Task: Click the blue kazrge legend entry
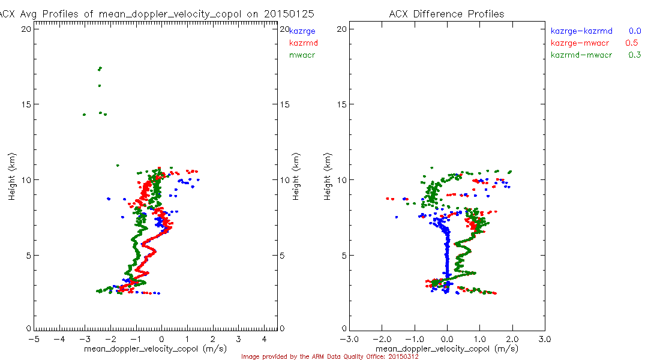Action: pyautogui.click(x=302, y=31)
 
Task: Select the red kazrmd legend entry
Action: pyautogui.click(x=304, y=43)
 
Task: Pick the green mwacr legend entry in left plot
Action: pyautogui.click(x=302, y=55)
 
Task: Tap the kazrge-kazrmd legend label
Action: pyautogui.click(x=581, y=31)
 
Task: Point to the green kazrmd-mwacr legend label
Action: pyautogui.click(x=581, y=55)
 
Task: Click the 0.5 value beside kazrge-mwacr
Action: pyautogui.click(x=631, y=43)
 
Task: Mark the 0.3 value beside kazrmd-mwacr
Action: pyautogui.click(x=635, y=55)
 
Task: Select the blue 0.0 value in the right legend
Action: pyautogui.click(x=635, y=31)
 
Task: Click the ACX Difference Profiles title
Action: pyautogui.click(x=447, y=14)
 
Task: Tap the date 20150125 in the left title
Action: pyautogui.click(x=293, y=14)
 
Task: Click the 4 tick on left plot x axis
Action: pyautogui.click(x=264, y=339)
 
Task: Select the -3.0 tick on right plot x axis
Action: pyautogui.click(x=350, y=339)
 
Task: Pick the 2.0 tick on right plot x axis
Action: pyautogui.click(x=512, y=339)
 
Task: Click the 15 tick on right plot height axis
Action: pyautogui.click(x=340, y=104)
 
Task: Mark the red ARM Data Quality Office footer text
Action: pyautogui.click(x=329, y=356)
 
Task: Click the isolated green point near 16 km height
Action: pyautogui.click(x=99, y=86)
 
